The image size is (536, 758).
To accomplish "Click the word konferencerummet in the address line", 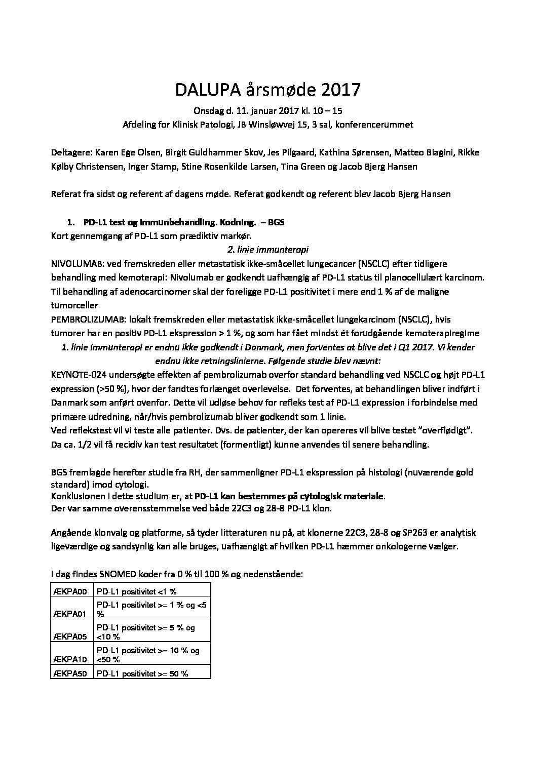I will click(377, 124).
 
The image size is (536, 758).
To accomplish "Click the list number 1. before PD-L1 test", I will click(71, 222).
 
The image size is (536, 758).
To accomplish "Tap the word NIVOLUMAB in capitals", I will click(76, 264).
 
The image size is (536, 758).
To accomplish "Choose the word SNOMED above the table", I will click(112, 575).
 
